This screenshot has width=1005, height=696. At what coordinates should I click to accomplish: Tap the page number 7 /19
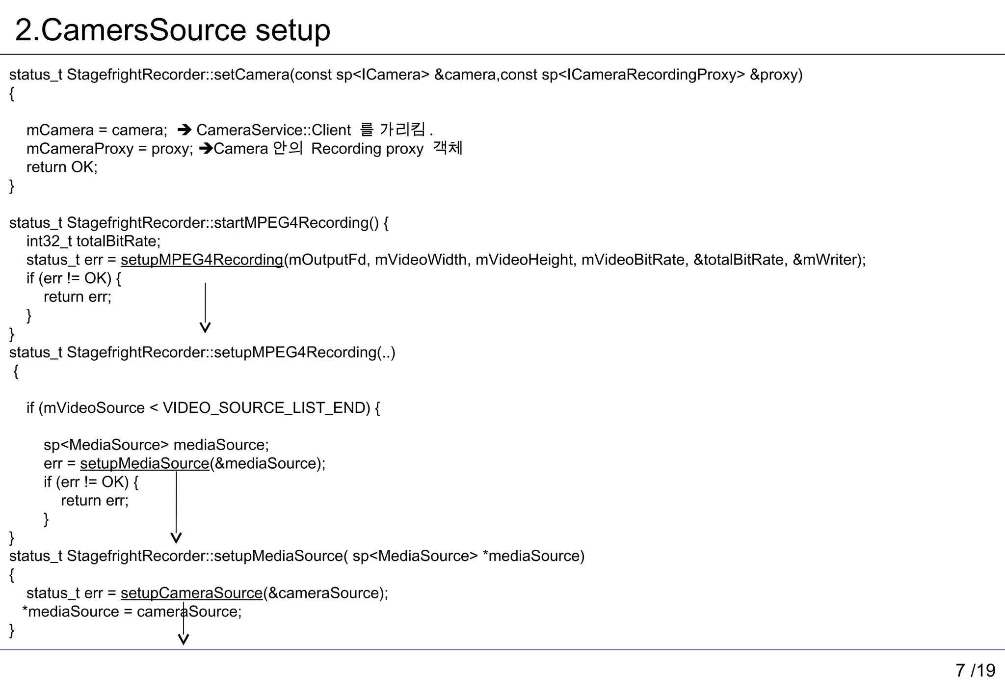(975, 670)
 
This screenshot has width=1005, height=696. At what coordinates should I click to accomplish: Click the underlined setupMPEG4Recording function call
(202, 260)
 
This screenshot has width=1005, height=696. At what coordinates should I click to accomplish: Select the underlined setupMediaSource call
(144, 463)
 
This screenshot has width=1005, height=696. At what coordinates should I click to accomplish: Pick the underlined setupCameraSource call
(191, 593)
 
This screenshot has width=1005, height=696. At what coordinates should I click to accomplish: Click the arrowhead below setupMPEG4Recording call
(205, 328)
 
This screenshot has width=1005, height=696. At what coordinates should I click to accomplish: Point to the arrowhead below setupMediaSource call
(176, 538)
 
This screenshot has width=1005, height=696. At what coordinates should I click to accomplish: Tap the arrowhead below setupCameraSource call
(184, 639)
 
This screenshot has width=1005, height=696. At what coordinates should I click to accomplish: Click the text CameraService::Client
(273, 130)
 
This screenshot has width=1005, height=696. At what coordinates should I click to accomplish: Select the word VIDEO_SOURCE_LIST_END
(266, 408)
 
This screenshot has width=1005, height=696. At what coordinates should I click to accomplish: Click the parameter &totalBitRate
(738, 260)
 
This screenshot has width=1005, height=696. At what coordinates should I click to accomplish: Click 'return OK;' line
(62, 167)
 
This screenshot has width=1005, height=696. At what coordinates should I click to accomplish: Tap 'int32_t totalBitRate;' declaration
(93, 241)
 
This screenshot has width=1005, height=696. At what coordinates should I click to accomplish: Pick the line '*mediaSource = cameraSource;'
(132, 612)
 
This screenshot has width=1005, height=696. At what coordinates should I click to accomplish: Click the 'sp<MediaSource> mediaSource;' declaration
(156, 445)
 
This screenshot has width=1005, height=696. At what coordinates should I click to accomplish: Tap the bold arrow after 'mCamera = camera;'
(184, 130)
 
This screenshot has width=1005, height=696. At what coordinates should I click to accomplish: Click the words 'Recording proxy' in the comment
(367, 149)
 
